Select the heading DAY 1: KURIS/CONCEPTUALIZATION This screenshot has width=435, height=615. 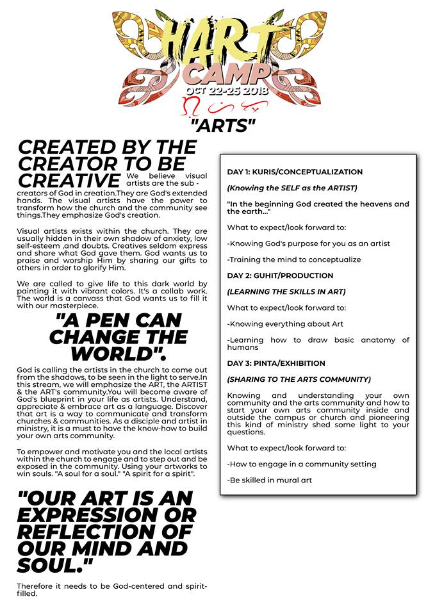tap(295, 172)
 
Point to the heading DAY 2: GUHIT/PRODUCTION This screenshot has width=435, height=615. tap(280, 275)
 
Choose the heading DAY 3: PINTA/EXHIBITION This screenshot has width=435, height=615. tap(276, 363)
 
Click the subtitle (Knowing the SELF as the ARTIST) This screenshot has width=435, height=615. tap(291, 188)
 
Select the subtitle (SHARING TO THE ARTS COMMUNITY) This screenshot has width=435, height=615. tap(299, 379)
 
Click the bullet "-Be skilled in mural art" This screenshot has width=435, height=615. tap(269, 480)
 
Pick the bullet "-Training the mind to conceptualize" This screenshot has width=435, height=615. tap(294, 259)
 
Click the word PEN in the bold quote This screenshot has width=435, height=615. tap(103, 320)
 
